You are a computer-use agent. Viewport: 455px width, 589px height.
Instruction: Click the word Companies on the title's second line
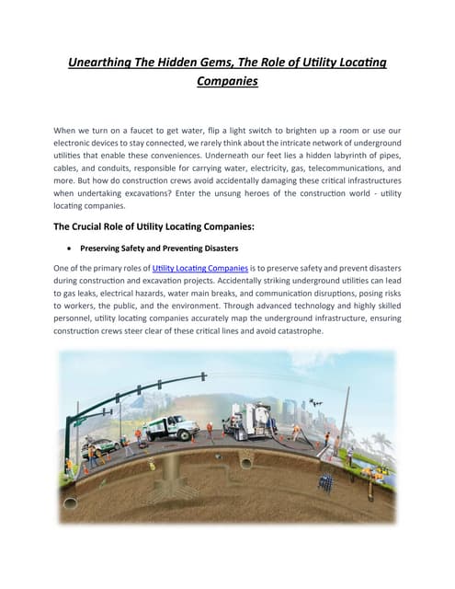(227, 81)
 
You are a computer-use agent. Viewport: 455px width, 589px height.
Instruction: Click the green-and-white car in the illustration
(101, 447)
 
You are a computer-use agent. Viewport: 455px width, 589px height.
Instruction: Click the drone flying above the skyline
(318, 376)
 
